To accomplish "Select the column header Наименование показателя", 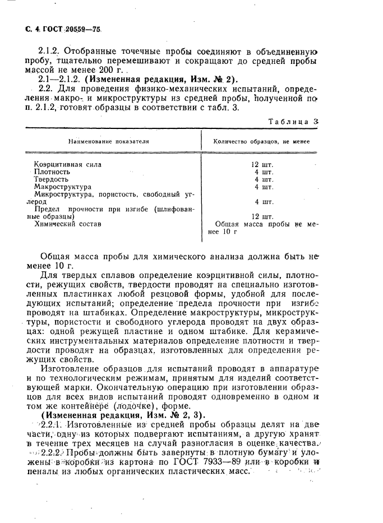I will coord(109,142).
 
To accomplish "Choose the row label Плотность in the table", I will coord(52,172).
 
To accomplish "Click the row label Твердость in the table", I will coord(51,179).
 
